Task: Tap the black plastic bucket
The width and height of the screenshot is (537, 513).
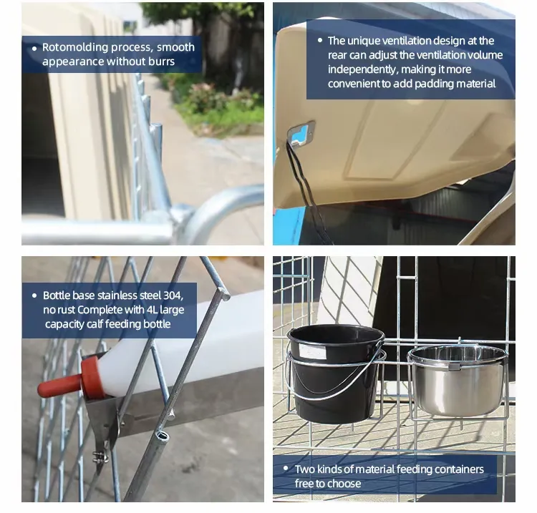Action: coord(336,373)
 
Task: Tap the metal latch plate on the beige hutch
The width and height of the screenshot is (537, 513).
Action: coord(301,135)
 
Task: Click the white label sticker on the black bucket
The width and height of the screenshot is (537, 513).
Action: coord(312,351)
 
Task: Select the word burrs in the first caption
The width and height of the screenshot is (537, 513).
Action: coord(161,62)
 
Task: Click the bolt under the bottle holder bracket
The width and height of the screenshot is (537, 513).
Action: coord(100,456)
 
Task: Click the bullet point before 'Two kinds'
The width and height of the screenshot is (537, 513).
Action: coord(286,468)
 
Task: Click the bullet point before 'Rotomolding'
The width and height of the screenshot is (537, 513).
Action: coord(34,49)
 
